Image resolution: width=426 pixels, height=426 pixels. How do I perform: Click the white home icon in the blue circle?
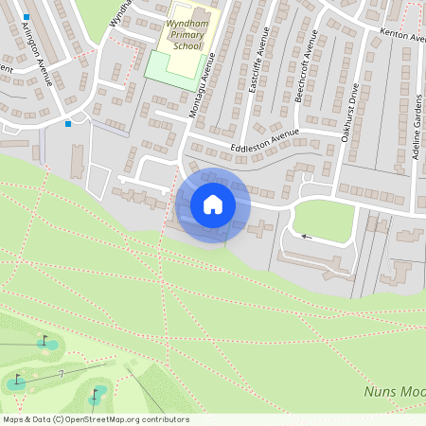pos(213,204)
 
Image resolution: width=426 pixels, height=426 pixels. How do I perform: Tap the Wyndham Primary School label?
pos(180,35)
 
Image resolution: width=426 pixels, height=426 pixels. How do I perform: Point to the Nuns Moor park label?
pos(394,391)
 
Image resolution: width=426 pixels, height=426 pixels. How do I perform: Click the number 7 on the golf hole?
pos(62,375)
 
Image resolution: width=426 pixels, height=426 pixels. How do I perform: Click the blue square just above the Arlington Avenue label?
pos(27,18)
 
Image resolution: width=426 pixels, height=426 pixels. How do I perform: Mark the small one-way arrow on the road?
pos(306,237)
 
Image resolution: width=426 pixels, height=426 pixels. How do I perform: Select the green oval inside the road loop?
pos(323,217)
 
